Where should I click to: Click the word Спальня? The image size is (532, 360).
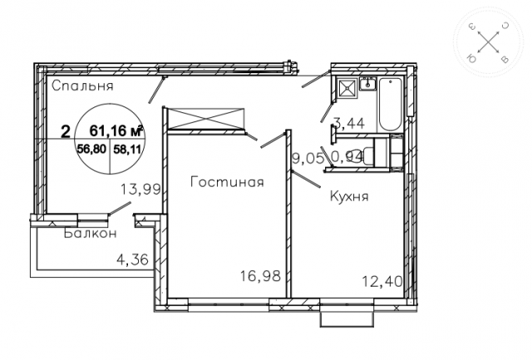click(x=81, y=86)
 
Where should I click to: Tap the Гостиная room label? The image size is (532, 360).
click(x=226, y=183)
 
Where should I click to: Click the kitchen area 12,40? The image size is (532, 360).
click(x=383, y=282)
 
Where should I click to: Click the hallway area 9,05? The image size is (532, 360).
click(x=308, y=155)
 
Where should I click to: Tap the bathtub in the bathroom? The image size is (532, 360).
click(x=390, y=103)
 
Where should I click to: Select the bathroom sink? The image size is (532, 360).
click(x=368, y=84)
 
